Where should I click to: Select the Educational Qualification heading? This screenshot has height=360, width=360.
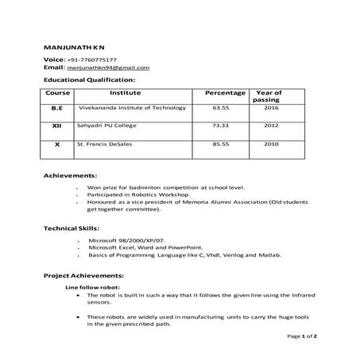click(x=89, y=79)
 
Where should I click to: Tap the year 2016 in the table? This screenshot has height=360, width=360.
click(x=271, y=107)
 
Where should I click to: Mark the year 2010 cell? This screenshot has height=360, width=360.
click(x=271, y=145)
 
